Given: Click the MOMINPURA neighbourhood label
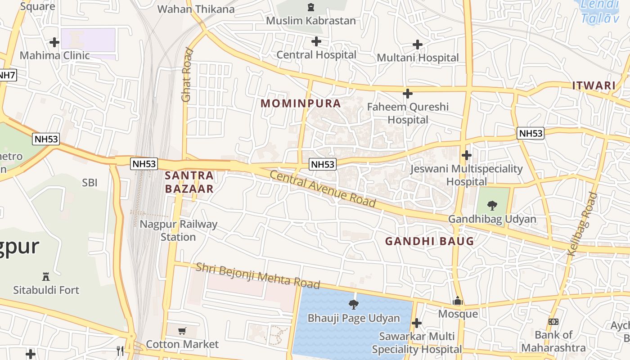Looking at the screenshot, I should [301, 103].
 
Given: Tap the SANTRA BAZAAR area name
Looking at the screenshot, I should [189, 182].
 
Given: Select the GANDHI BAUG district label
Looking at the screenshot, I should [429, 241].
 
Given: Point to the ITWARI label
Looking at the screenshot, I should [594, 85].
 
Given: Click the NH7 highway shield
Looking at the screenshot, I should [7, 75].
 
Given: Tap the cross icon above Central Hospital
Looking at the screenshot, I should [316, 41].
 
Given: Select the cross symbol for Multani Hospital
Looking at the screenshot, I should [418, 44].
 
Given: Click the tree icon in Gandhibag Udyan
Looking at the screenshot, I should [492, 206].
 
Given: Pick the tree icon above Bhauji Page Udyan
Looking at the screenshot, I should [354, 305].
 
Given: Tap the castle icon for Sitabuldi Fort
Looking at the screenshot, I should [45, 276].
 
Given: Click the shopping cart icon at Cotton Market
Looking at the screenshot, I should [182, 331].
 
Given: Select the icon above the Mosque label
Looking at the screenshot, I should [458, 301].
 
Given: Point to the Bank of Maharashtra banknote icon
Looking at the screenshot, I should [553, 322].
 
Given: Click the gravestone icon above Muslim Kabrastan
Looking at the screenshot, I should [310, 7].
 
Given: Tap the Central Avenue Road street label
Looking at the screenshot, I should [323, 189].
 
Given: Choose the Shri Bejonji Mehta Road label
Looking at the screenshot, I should [257, 275].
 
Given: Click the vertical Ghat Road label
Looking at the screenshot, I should [187, 75].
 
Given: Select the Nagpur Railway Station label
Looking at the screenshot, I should [178, 230].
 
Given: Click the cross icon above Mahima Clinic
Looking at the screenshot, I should [54, 42].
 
